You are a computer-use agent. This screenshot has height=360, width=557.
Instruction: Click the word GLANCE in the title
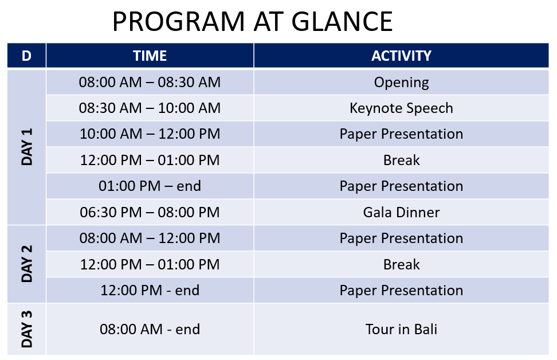[342, 22]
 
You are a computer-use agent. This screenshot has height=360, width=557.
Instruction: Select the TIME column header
[150, 56]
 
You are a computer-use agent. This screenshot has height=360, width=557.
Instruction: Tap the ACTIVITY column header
[401, 56]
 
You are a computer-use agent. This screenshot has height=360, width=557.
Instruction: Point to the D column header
[26, 56]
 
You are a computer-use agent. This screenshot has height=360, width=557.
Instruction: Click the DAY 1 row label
[27, 147]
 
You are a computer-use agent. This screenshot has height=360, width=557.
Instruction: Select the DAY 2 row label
[27, 264]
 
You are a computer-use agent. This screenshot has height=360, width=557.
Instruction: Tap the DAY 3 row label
[27, 329]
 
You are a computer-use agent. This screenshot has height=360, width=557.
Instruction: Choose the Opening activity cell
[401, 82]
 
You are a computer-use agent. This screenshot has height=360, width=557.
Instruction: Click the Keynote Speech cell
[401, 108]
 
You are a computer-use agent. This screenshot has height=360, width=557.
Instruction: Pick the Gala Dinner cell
[401, 212]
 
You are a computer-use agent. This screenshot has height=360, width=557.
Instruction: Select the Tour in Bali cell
[401, 329]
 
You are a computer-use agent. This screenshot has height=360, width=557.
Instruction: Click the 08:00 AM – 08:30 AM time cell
[150, 82]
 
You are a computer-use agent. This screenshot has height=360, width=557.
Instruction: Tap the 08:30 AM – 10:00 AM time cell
[150, 108]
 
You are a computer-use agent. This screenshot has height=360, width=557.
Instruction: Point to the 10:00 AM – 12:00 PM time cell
[150, 134]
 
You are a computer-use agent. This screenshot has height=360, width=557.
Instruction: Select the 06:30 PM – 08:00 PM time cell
[150, 212]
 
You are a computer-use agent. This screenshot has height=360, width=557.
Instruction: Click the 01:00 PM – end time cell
[150, 186]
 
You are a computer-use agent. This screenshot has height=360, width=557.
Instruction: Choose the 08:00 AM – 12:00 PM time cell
[150, 238]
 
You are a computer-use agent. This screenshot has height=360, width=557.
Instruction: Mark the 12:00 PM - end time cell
[150, 290]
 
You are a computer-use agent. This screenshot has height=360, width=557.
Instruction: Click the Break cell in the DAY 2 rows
[401, 264]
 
